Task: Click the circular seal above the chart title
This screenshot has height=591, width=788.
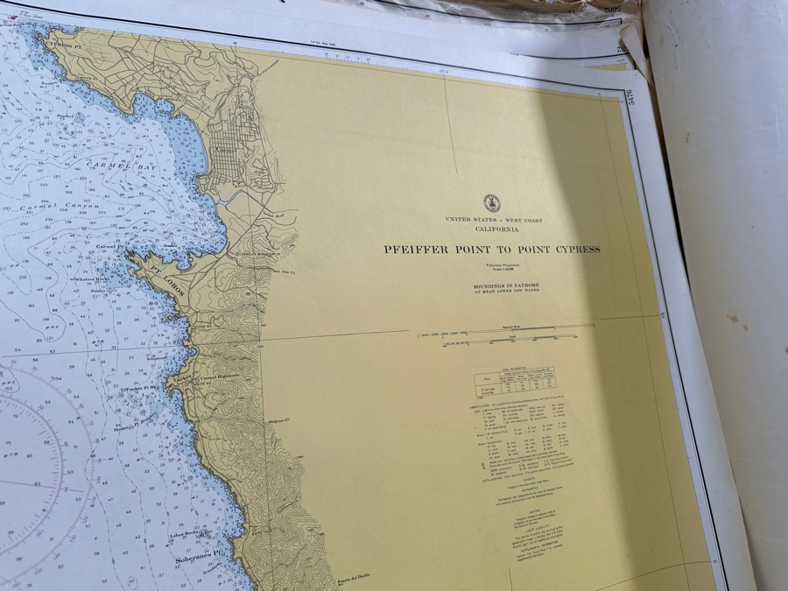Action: click(x=491, y=203)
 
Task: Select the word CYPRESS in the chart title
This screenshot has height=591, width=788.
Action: click(x=574, y=249)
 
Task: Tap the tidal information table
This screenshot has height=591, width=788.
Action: click(x=517, y=381)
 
